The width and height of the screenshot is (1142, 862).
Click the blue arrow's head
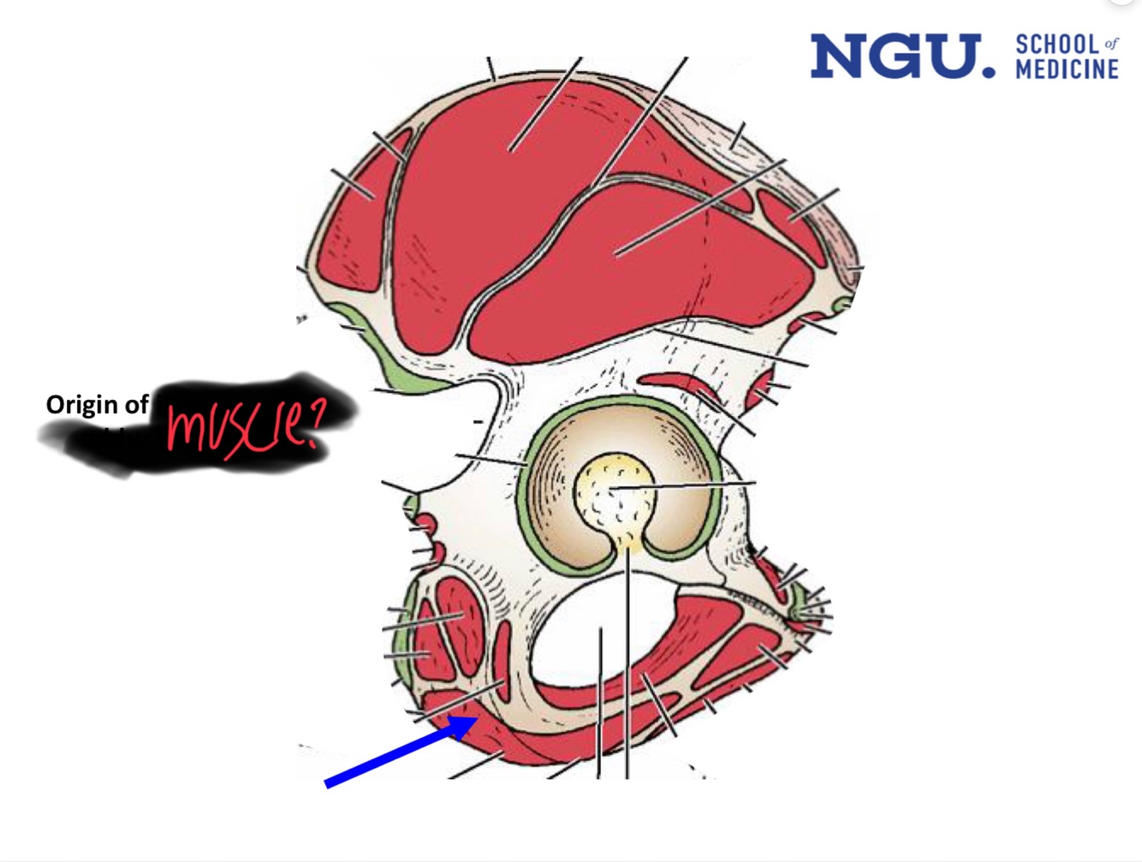(x=465, y=725)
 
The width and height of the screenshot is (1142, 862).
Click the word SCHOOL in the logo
(x=1057, y=45)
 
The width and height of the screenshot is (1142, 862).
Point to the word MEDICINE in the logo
(x=1067, y=69)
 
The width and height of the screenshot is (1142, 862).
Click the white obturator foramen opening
(x=591, y=633)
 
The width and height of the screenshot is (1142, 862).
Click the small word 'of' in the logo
(x=1111, y=43)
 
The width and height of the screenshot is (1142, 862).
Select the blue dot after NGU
(x=990, y=72)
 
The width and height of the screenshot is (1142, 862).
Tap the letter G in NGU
(x=896, y=56)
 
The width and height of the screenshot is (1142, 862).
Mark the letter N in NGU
(x=838, y=56)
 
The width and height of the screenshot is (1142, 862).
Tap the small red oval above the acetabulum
(x=671, y=380)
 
